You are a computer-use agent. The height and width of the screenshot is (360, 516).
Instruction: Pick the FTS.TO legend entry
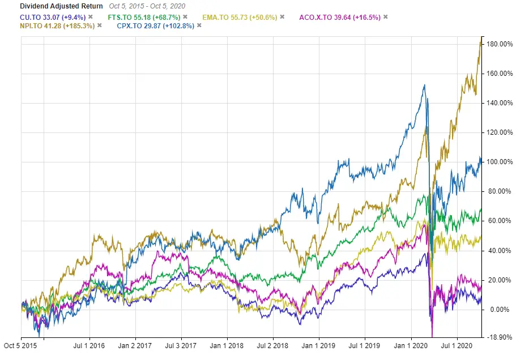pos(142,17)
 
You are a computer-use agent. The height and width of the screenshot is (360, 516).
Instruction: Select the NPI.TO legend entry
pos(48,25)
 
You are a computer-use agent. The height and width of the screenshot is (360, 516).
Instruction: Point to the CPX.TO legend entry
pos(150,25)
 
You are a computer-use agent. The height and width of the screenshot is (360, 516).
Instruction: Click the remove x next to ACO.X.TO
pos(386,17)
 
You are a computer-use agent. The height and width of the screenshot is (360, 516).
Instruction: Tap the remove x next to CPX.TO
pos(199,25)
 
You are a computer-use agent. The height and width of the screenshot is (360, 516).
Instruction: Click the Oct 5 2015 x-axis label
pos(21,344)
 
